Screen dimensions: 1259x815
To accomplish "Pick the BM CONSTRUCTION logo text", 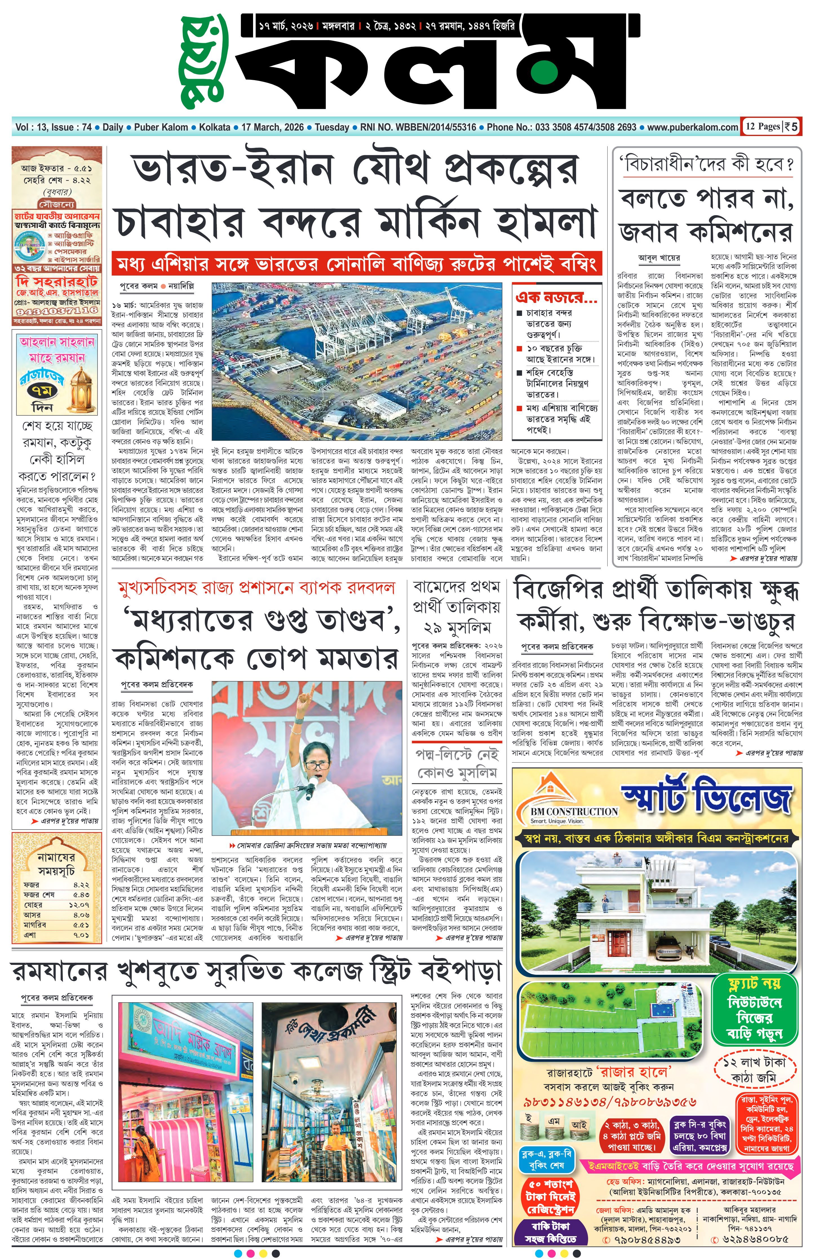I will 575,811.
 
